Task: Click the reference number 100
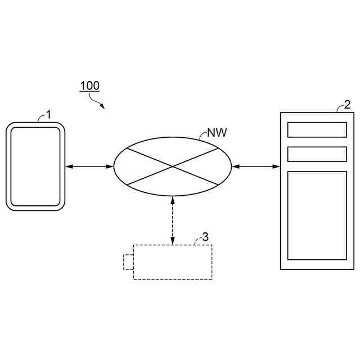point(89,86)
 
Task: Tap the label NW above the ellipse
point(217,133)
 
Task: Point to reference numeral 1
point(48,114)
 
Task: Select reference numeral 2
point(347,104)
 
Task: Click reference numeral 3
point(205,237)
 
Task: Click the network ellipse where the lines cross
point(172,166)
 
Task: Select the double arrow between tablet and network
point(89,166)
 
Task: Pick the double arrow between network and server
point(255,166)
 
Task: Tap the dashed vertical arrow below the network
point(173,219)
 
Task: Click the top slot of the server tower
point(317,129)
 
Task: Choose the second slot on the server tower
point(317,154)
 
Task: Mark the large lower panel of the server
point(317,215)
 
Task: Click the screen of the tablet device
point(35,166)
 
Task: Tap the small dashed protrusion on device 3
point(128,262)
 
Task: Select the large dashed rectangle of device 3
point(173,262)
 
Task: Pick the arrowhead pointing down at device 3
point(173,241)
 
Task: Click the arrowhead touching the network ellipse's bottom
point(173,198)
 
